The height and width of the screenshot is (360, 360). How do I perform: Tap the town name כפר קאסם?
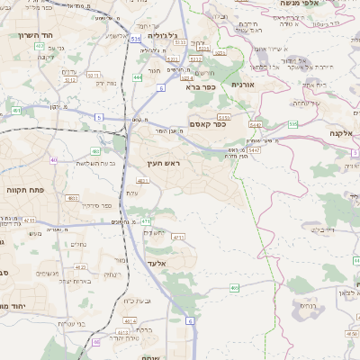(x=206, y=123)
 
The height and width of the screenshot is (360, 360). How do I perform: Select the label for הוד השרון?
(x=37, y=35)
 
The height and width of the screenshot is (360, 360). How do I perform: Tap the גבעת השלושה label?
(x=94, y=164)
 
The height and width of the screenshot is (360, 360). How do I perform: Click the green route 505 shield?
(x=292, y=123)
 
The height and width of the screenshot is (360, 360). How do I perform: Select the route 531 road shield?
(x=135, y=40)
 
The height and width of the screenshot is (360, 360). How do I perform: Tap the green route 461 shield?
(x=16, y=111)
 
